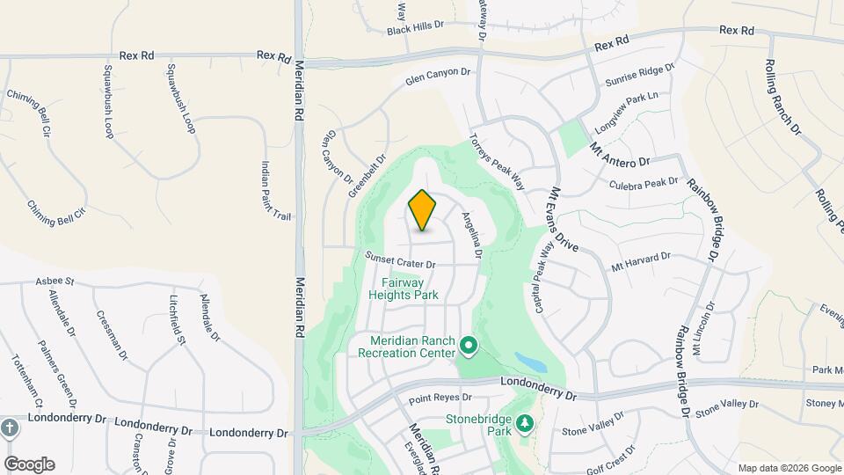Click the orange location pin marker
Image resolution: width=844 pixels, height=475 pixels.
(422, 210)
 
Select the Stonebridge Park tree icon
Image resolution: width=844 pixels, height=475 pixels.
(525, 424)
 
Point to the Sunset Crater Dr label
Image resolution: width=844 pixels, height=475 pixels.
(401, 261)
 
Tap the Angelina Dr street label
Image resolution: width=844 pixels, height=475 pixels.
(473, 233)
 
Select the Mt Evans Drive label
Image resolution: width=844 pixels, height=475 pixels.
(563, 220)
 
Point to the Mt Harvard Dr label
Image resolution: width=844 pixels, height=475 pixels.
(641, 260)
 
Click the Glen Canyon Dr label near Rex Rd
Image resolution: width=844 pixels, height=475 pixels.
(438, 77)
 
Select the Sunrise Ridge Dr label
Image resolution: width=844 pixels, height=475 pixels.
(639, 75)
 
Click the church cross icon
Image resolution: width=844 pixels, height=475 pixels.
(10, 428)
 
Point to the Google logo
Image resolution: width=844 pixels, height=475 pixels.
(29, 464)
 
